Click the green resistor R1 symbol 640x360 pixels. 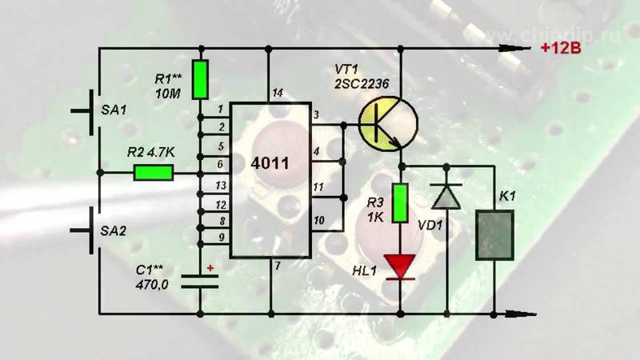click(201, 78)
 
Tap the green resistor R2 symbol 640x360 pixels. click(154, 173)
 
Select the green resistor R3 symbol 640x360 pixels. click(401, 200)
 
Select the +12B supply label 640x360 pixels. click(559, 48)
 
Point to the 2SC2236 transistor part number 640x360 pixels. click(370, 84)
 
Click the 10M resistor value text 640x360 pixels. click(168, 94)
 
